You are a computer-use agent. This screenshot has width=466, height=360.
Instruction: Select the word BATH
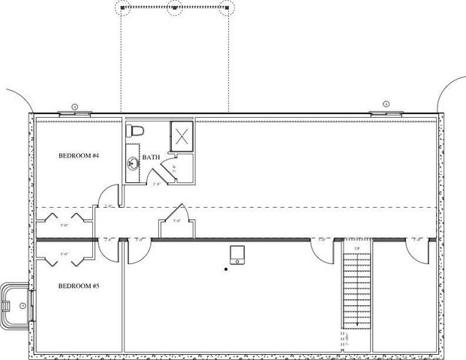tap(151, 157)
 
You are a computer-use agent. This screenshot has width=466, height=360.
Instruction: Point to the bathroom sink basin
tap(133, 162)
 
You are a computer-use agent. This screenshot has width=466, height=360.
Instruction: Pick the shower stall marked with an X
tap(182, 136)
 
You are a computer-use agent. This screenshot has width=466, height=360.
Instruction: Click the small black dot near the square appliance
tap(225, 268)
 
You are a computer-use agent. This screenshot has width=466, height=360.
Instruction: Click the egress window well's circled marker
tap(23, 306)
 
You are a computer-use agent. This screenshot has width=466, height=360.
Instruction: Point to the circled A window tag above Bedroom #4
tap(75, 106)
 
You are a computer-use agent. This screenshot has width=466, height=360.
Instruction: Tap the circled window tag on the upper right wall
tap(385, 104)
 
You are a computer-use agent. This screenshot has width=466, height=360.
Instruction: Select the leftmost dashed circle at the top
tap(122, 7)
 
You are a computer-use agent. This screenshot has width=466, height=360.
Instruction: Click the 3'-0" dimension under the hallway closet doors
tap(178, 221)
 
